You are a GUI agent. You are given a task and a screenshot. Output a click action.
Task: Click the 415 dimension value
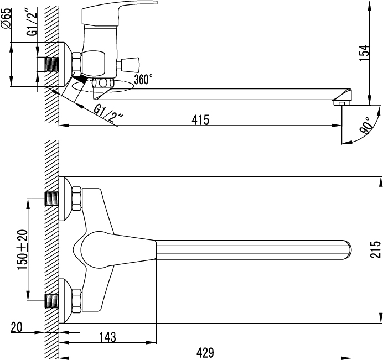pyautogui.click(x=200, y=120)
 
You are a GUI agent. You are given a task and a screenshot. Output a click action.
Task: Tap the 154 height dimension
pyautogui.click(x=364, y=53)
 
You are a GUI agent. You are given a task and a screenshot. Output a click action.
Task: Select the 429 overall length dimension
pyautogui.click(x=205, y=353)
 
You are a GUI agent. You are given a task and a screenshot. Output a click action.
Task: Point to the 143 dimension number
pyautogui.click(x=107, y=337)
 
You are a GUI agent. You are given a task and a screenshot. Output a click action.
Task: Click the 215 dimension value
pyautogui.click(x=375, y=249)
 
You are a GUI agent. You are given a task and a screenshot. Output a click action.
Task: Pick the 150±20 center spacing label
pyautogui.click(x=23, y=250)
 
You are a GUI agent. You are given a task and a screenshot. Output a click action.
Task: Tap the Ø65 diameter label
pyautogui.click(x=6, y=18)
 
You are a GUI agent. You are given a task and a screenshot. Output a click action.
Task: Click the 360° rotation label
pyautogui.click(x=143, y=79)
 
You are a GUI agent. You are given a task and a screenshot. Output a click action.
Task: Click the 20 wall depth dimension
pyautogui.click(x=17, y=327)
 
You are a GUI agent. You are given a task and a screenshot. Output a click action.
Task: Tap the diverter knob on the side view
pyautogui.click(x=128, y=65)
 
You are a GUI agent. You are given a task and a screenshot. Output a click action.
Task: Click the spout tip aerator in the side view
pyautogui.click(x=342, y=103)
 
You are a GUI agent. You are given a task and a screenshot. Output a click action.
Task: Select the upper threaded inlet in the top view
pyautogui.click(x=52, y=199)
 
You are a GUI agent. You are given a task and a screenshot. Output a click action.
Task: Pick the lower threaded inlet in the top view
pyautogui.click(x=52, y=301)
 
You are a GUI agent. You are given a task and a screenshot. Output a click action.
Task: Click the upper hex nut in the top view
pyautogui.click(x=77, y=199)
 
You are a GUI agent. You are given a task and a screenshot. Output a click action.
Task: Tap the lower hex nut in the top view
pyautogui.click(x=77, y=301)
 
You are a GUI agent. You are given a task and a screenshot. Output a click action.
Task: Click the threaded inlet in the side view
pyautogui.click(x=52, y=65)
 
